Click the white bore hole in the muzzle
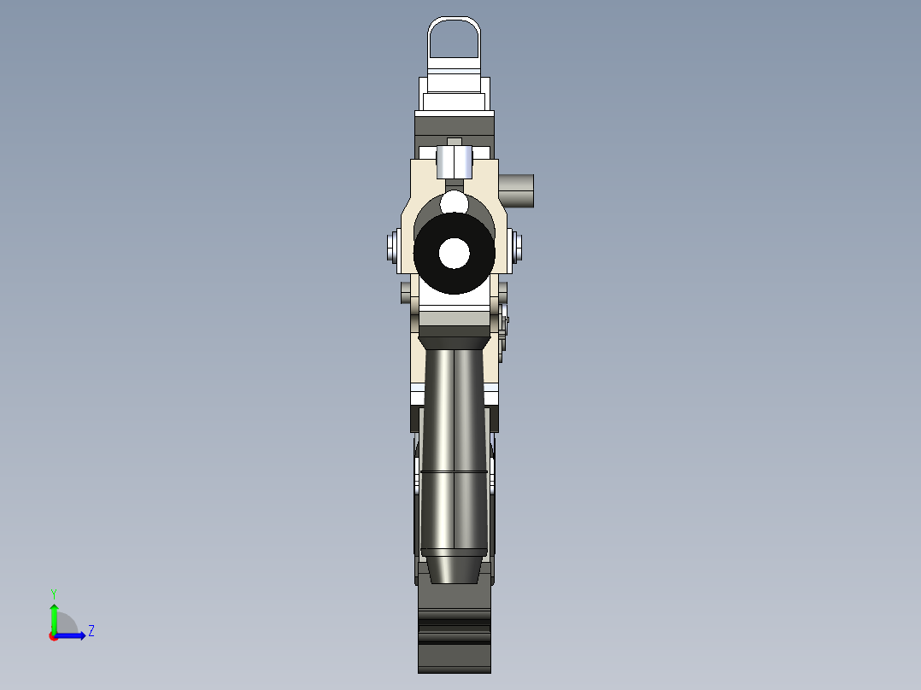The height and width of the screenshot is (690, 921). coord(455,253)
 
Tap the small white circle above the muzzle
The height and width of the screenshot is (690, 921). coord(455,203)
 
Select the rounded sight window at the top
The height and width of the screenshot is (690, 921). coord(455,38)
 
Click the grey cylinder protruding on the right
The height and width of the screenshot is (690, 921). coord(517,189)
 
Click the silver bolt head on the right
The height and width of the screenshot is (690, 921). coord(518,248)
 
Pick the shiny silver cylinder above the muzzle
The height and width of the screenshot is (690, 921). coord(454,161)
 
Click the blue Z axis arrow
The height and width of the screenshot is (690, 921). coord(72,635)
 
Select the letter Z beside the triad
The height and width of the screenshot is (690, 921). coord(91,631)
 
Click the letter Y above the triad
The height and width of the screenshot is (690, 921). coord(53,593)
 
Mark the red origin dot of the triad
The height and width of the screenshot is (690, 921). coord(54,636)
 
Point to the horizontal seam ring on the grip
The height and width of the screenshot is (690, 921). coord(454,471)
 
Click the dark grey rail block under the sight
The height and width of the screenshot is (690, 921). coord(455,128)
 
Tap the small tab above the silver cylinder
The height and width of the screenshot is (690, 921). coord(455,142)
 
